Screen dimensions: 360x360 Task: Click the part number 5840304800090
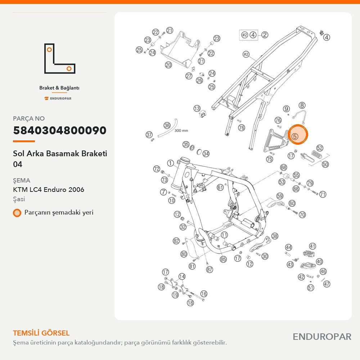click(x=60, y=130)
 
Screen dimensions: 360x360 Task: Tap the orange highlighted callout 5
click(x=298, y=135)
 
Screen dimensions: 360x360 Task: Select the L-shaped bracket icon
click(x=60, y=58)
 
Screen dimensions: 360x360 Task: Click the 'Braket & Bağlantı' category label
click(x=59, y=88)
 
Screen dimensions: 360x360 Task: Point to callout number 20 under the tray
click(x=168, y=65)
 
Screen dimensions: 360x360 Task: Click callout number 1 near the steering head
click(x=170, y=163)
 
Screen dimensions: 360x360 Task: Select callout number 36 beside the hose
click(x=167, y=125)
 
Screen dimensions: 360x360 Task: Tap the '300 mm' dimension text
click(x=181, y=130)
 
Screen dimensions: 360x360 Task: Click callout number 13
click(x=197, y=108)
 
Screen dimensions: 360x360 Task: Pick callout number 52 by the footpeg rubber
click(x=320, y=148)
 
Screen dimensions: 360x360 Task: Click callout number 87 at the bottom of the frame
click(x=210, y=269)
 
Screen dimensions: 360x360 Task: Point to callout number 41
click(x=312, y=246)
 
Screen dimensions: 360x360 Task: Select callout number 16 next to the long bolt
click(x=204, y=294)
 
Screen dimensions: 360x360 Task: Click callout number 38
click(x=275, y=236)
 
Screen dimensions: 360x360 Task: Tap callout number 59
click(x=280, y=196)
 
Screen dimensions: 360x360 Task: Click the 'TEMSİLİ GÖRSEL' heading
click(x=41, y=333)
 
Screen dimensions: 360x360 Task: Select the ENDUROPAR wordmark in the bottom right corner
click(x=322, y=337)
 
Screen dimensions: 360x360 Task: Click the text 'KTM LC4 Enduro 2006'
click(x=49, y=190)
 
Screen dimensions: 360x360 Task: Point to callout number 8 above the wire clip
click(x=302, y=105)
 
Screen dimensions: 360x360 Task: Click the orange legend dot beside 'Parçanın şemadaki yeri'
click(x=17, y=213)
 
